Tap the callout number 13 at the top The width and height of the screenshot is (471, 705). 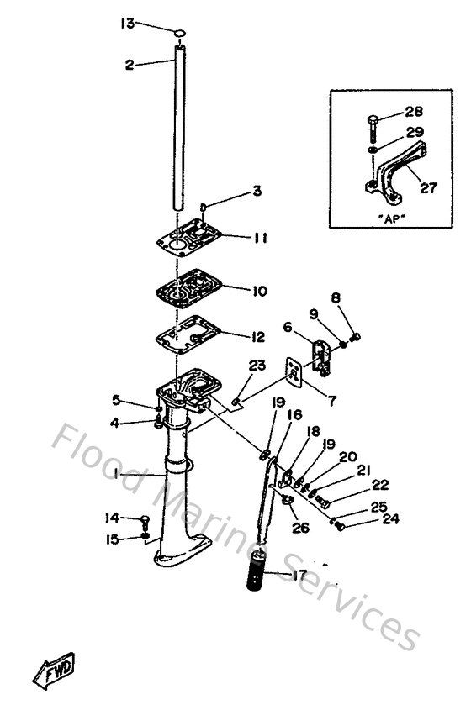click(126, 24)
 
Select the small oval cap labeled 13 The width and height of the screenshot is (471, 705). click(180, 33)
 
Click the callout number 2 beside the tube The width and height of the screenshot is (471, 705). click(130, 64)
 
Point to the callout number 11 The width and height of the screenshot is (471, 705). click(260, 238)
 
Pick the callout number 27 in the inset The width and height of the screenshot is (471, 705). click(428, 188)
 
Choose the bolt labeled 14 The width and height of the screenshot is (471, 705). click(146, 520)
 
